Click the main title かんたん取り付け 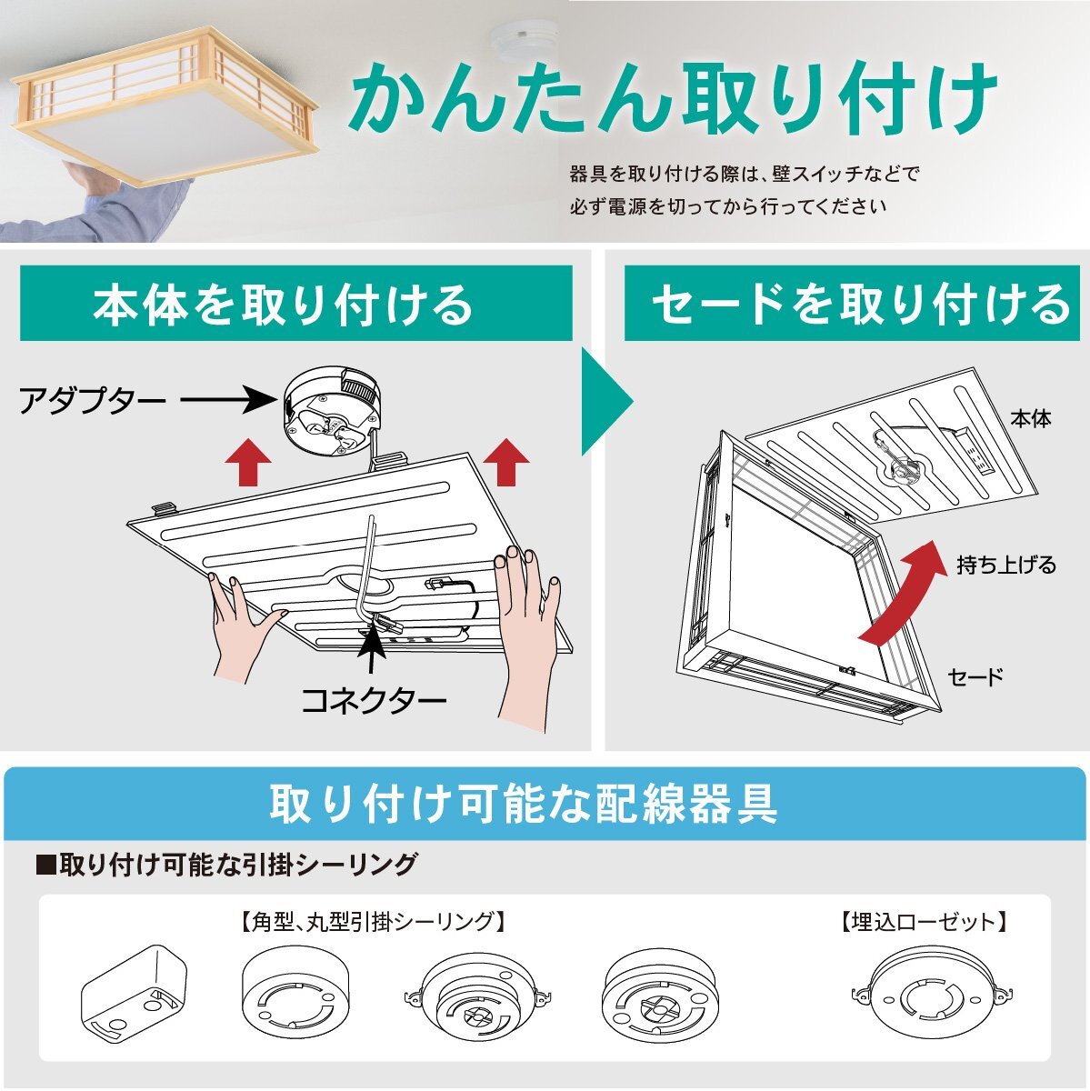coord(673,100)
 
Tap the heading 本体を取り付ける coord(284,305)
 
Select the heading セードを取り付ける coord(860,305)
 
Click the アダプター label coord(93,400)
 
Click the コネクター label coord(374,700)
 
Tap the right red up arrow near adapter coord(506,462)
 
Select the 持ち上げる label coord(1006,565)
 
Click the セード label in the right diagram coord(975,676)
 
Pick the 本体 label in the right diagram coord(1030,419)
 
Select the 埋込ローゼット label coord(924,923)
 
